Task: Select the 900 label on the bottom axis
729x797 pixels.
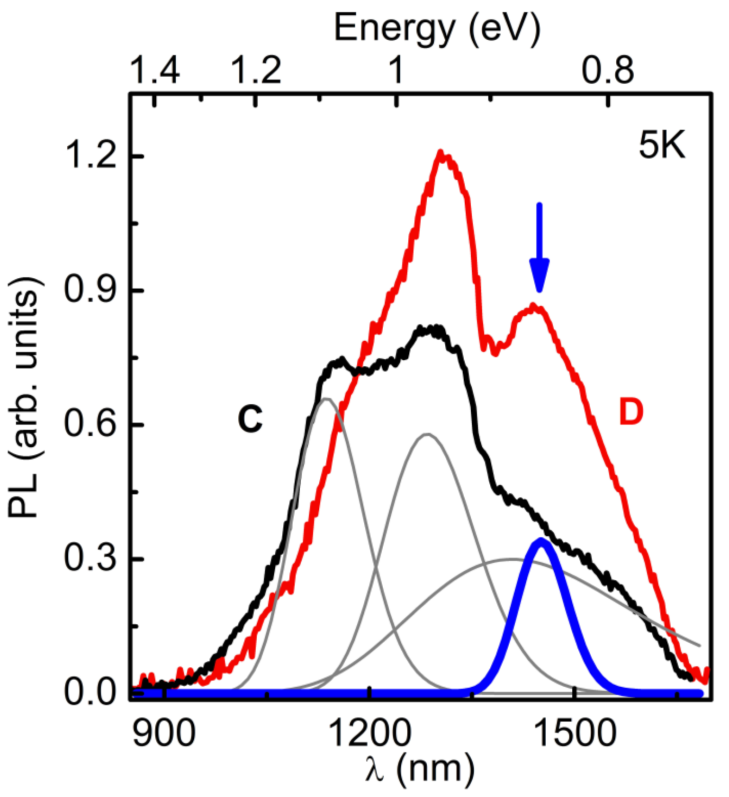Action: click(164, 734)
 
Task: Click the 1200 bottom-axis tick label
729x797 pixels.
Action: click(369, 734)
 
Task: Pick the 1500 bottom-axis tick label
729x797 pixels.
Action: click(575, 734)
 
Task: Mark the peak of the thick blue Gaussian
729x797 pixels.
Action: click(540, 540)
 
